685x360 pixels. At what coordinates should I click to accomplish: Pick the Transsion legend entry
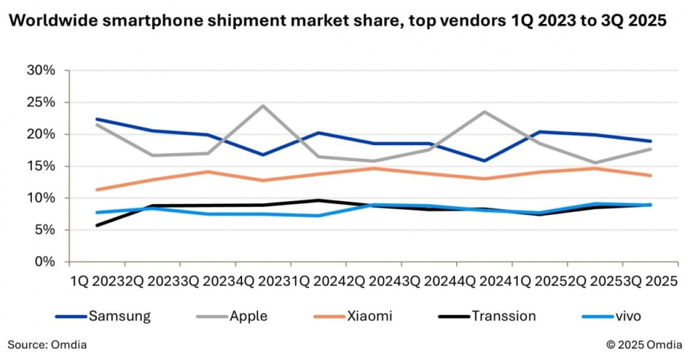coord(502,316)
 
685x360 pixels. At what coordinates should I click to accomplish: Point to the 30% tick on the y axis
coord(40,71)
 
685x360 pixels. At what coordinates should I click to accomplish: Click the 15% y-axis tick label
coord(40,166)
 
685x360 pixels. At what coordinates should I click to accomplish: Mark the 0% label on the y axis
coord(43,262)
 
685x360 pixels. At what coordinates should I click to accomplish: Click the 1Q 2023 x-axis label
coord(96,281)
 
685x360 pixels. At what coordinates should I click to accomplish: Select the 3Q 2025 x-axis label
coord(651,281)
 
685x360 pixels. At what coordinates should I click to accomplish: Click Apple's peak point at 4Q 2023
coord(263,106)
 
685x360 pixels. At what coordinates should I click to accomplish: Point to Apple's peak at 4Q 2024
coord(485,112)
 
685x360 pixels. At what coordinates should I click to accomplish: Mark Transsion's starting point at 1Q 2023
coord(97,225)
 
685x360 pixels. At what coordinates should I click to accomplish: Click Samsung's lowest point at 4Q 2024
coord(485,160)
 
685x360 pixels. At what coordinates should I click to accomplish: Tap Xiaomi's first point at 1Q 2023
coord(97,189)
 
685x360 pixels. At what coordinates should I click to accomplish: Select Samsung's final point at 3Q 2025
coord(651,141)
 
